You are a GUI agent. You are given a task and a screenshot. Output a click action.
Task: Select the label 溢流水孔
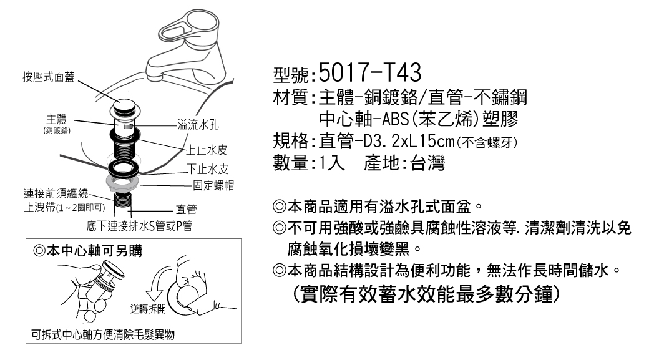(193, 127)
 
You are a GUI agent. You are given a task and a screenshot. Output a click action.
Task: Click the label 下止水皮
(208, 168)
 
